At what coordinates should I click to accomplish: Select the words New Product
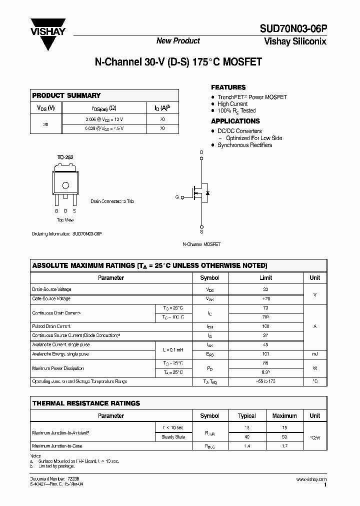(178, 41)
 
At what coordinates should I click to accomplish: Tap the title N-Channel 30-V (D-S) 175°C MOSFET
(178, 62)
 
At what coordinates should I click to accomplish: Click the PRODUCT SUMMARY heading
(66, 95)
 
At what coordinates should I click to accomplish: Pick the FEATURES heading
(228, 87)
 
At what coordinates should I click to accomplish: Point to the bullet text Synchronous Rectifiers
(244, 145)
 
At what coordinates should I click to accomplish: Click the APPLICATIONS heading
(235, 121)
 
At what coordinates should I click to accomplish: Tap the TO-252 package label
(65, 157)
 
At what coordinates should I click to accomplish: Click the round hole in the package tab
(65, 185)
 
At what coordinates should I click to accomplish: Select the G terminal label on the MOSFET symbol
(177, 197)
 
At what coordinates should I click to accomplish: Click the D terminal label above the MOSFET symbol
(201, 152)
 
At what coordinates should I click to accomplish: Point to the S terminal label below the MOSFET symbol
(201, 232)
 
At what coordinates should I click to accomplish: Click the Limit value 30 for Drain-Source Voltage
(265, 289)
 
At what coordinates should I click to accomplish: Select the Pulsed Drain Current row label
(51, 326)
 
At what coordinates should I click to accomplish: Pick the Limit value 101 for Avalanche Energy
(265, 354)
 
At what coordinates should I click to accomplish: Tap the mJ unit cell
(314, 354)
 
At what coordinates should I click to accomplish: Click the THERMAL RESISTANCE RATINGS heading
(86, 403)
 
